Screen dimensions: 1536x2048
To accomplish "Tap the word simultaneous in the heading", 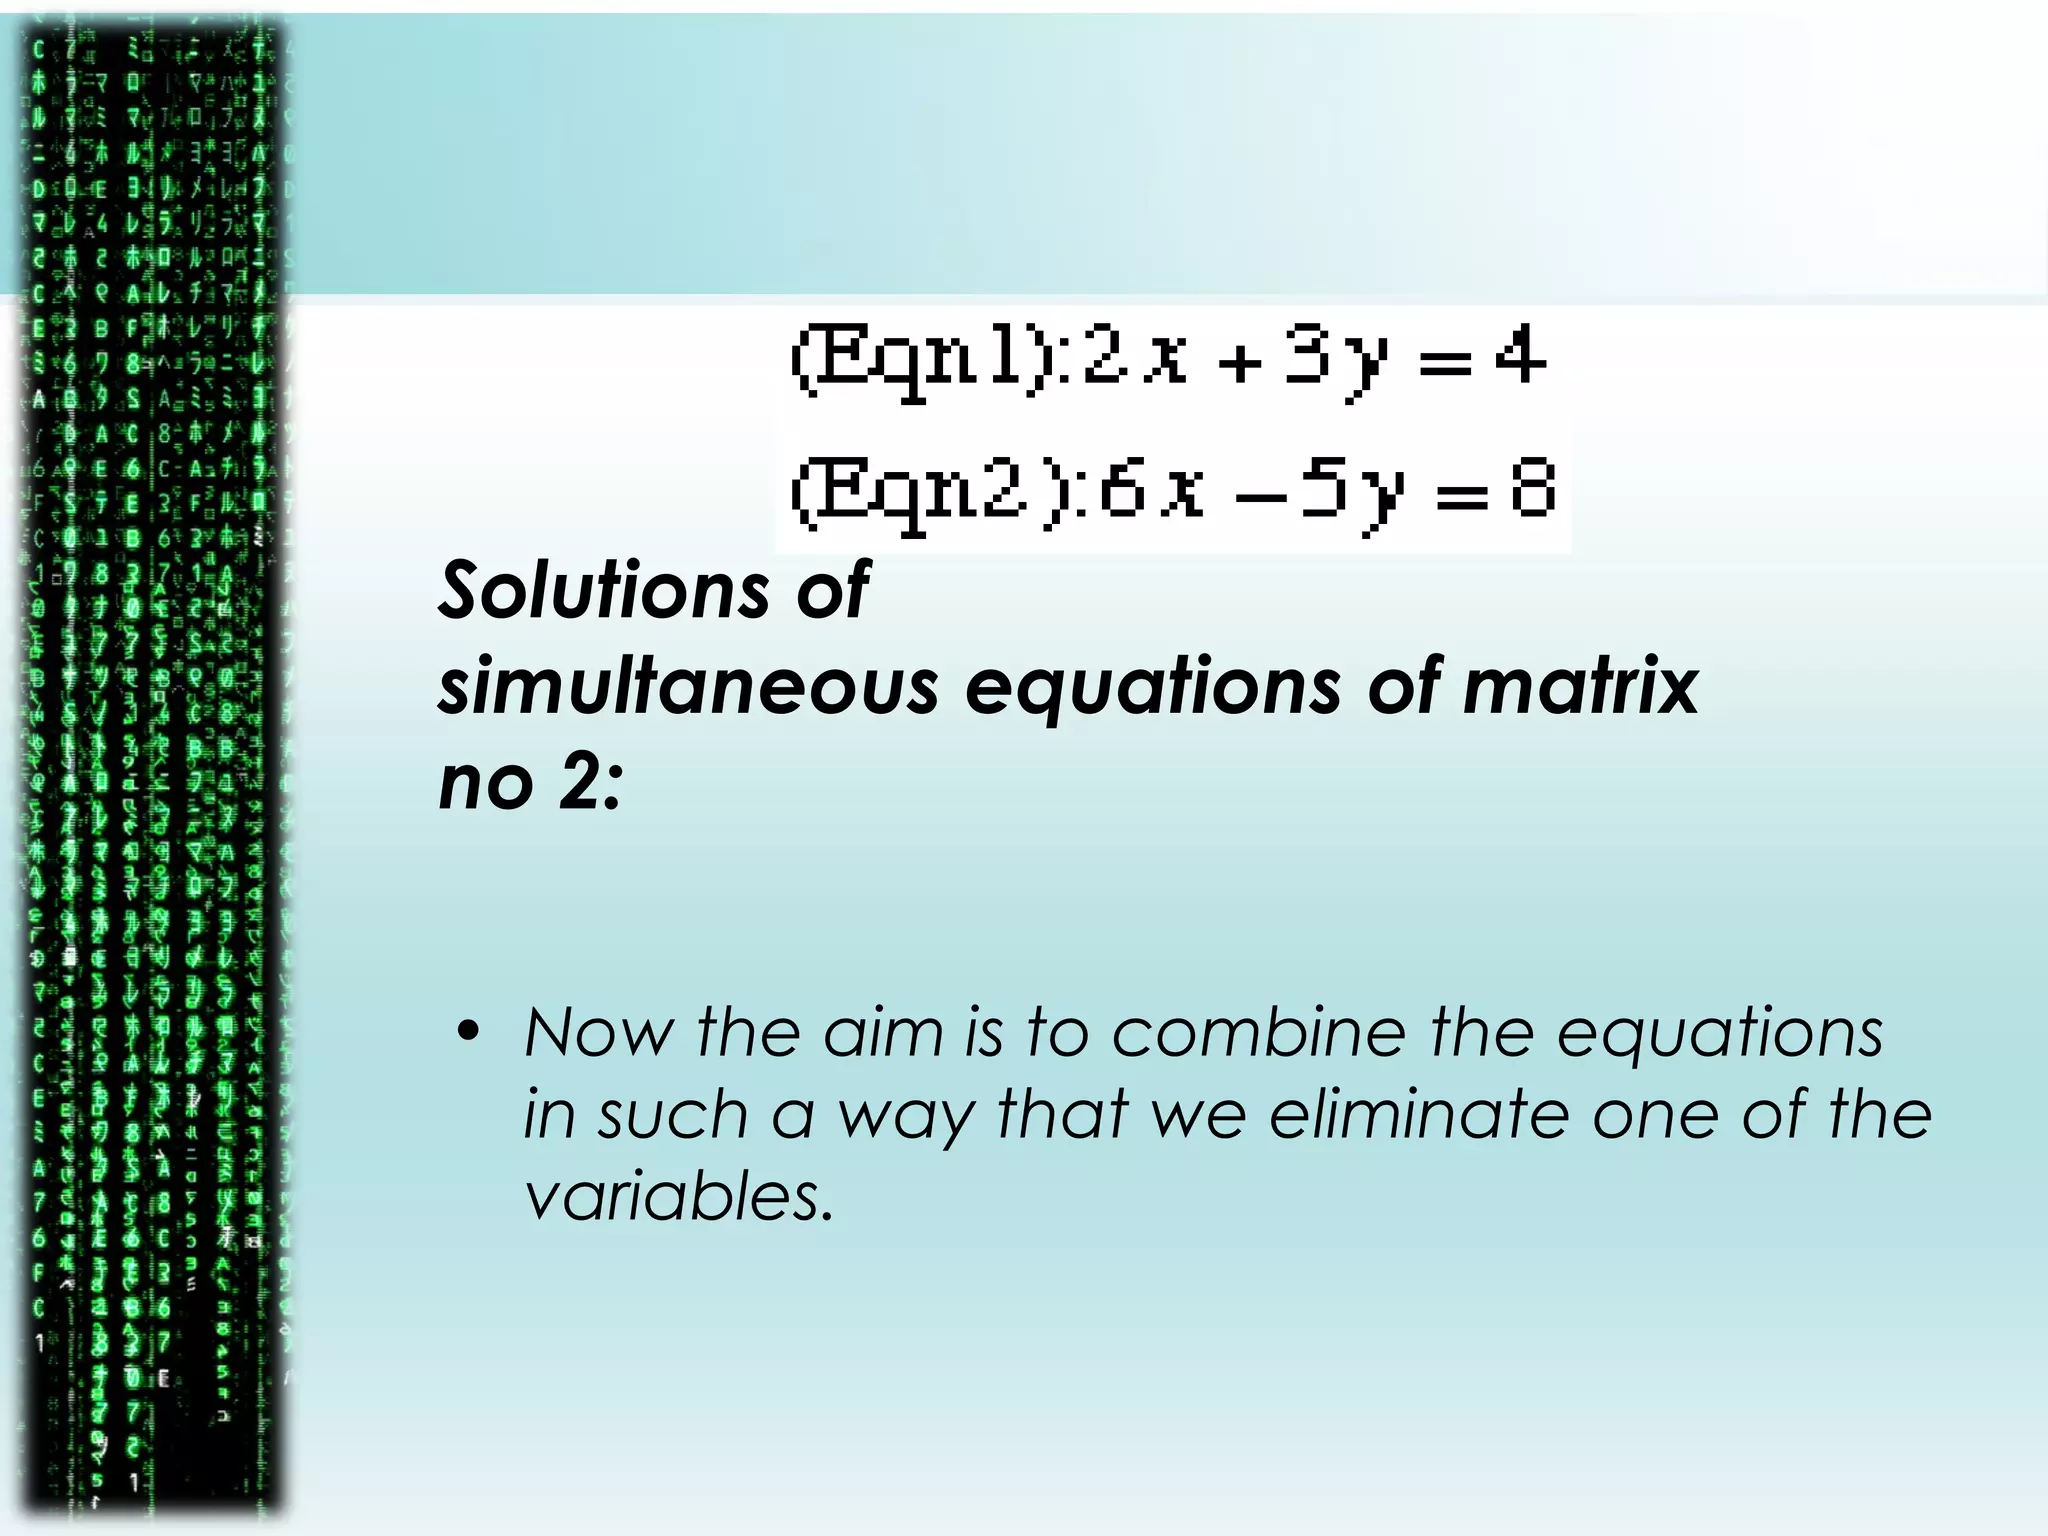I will (689, 687).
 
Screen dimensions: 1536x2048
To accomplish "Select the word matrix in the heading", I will (1581, 687).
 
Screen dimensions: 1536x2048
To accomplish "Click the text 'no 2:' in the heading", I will (531, 782).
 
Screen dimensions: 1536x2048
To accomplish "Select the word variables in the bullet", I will (678, 1196).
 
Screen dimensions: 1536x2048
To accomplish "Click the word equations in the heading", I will (1152, 687).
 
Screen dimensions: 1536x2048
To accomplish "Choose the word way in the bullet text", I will (905, 1116).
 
